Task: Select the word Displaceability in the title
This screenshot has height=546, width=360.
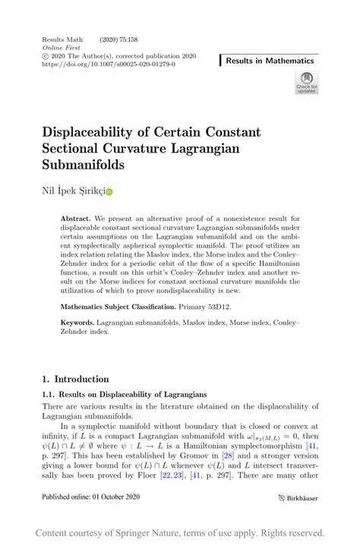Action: pyautogui.click(x=102, y=131)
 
